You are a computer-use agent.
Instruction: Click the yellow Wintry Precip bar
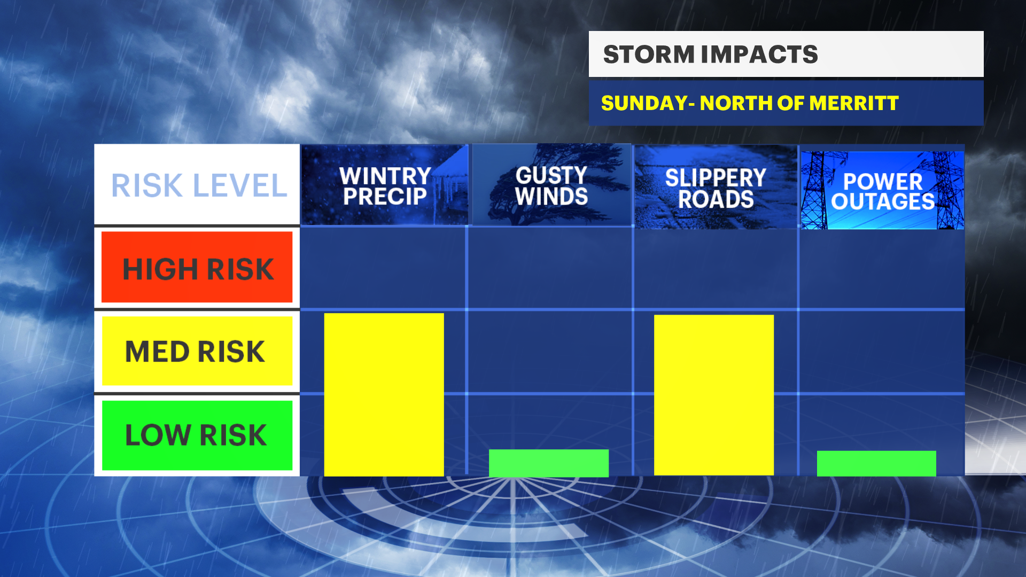click(384, 394)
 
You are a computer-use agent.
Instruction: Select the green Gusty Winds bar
click(549, 463)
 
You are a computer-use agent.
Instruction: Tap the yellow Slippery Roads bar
click(714, 395)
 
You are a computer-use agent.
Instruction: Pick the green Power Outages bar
click(876, 463)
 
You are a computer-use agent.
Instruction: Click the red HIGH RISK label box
click(197, 267)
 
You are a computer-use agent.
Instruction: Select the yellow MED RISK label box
click(197, 351)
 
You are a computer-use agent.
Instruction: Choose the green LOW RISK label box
click(197, 435)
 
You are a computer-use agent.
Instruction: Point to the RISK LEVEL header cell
click(197, 184)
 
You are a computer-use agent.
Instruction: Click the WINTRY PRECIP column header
click(385, 185)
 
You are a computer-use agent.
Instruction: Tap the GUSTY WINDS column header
click(551, 185)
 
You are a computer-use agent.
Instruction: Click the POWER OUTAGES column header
click(883, 190)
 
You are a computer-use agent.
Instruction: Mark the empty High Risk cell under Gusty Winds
click(550, 268)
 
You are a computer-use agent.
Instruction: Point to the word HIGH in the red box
click(161, 269)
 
